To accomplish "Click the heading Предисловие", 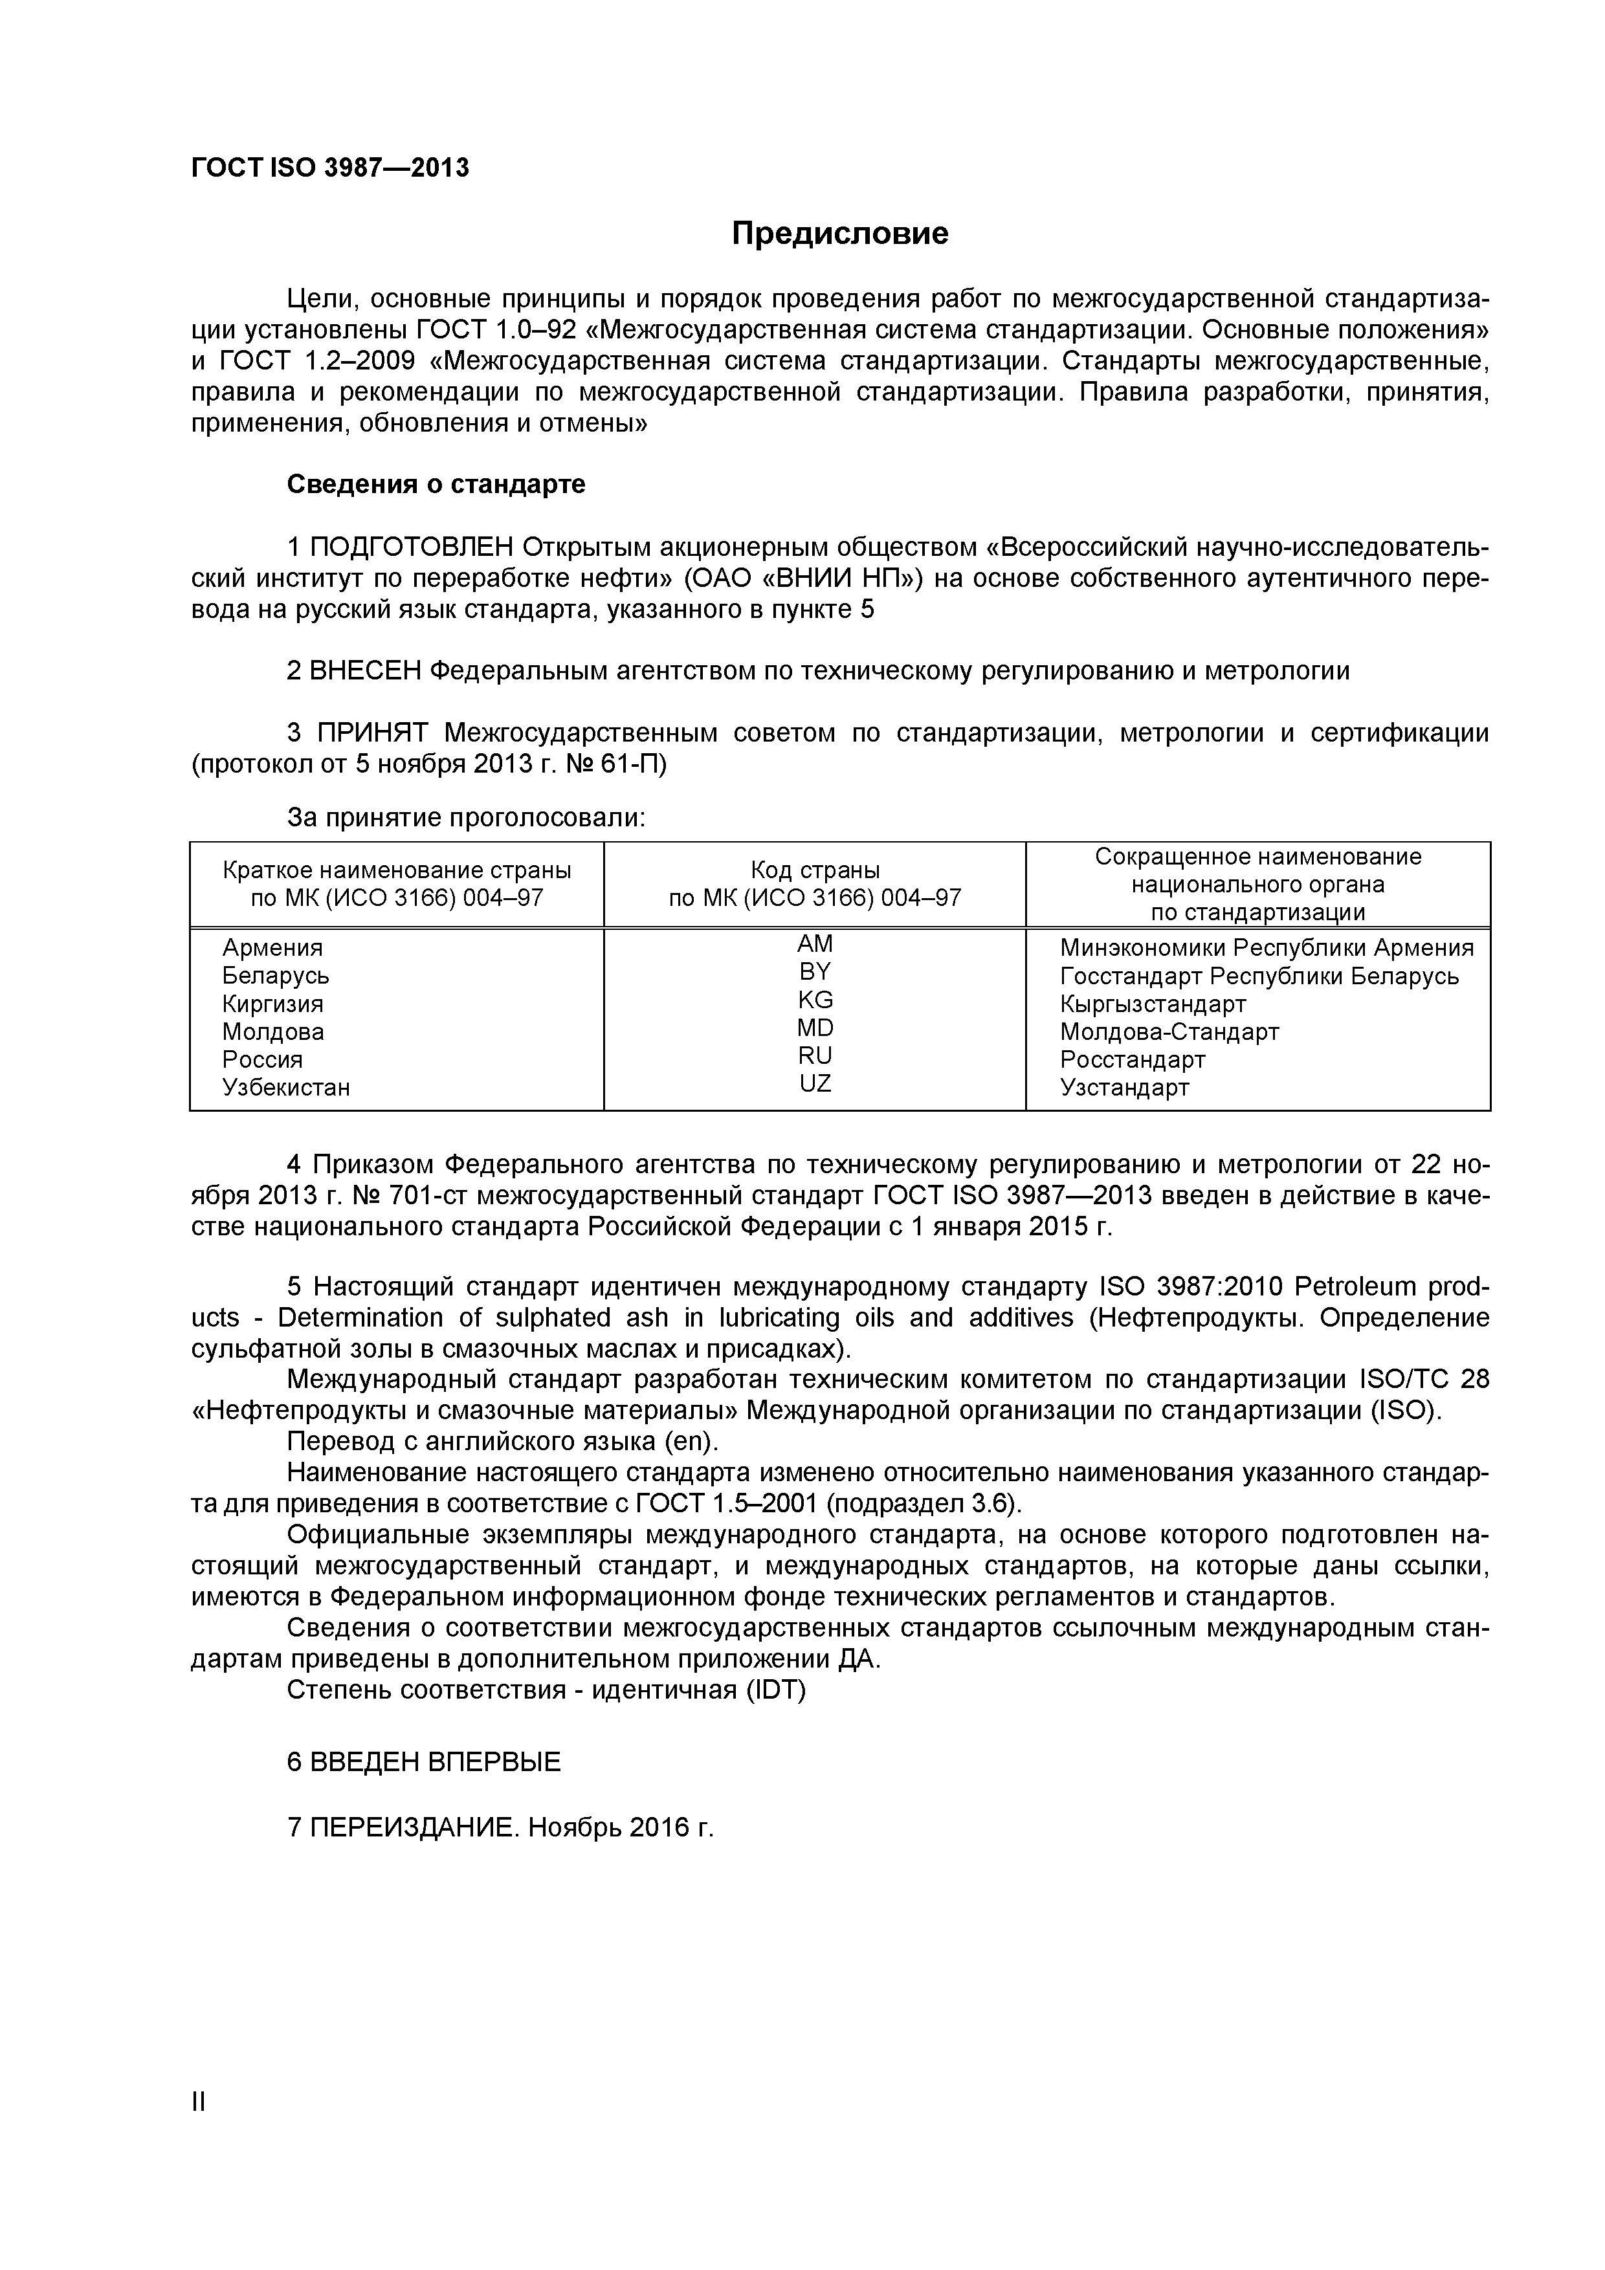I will pos(839,234).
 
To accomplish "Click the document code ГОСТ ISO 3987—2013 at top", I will pos(329,168).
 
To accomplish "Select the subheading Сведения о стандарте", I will pos(435,485).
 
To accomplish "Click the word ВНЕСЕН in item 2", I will pos(366,671).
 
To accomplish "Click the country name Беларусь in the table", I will pos(275,976).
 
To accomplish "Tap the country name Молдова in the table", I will pos(273,1032).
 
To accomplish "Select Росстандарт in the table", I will pos(1133,1060).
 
